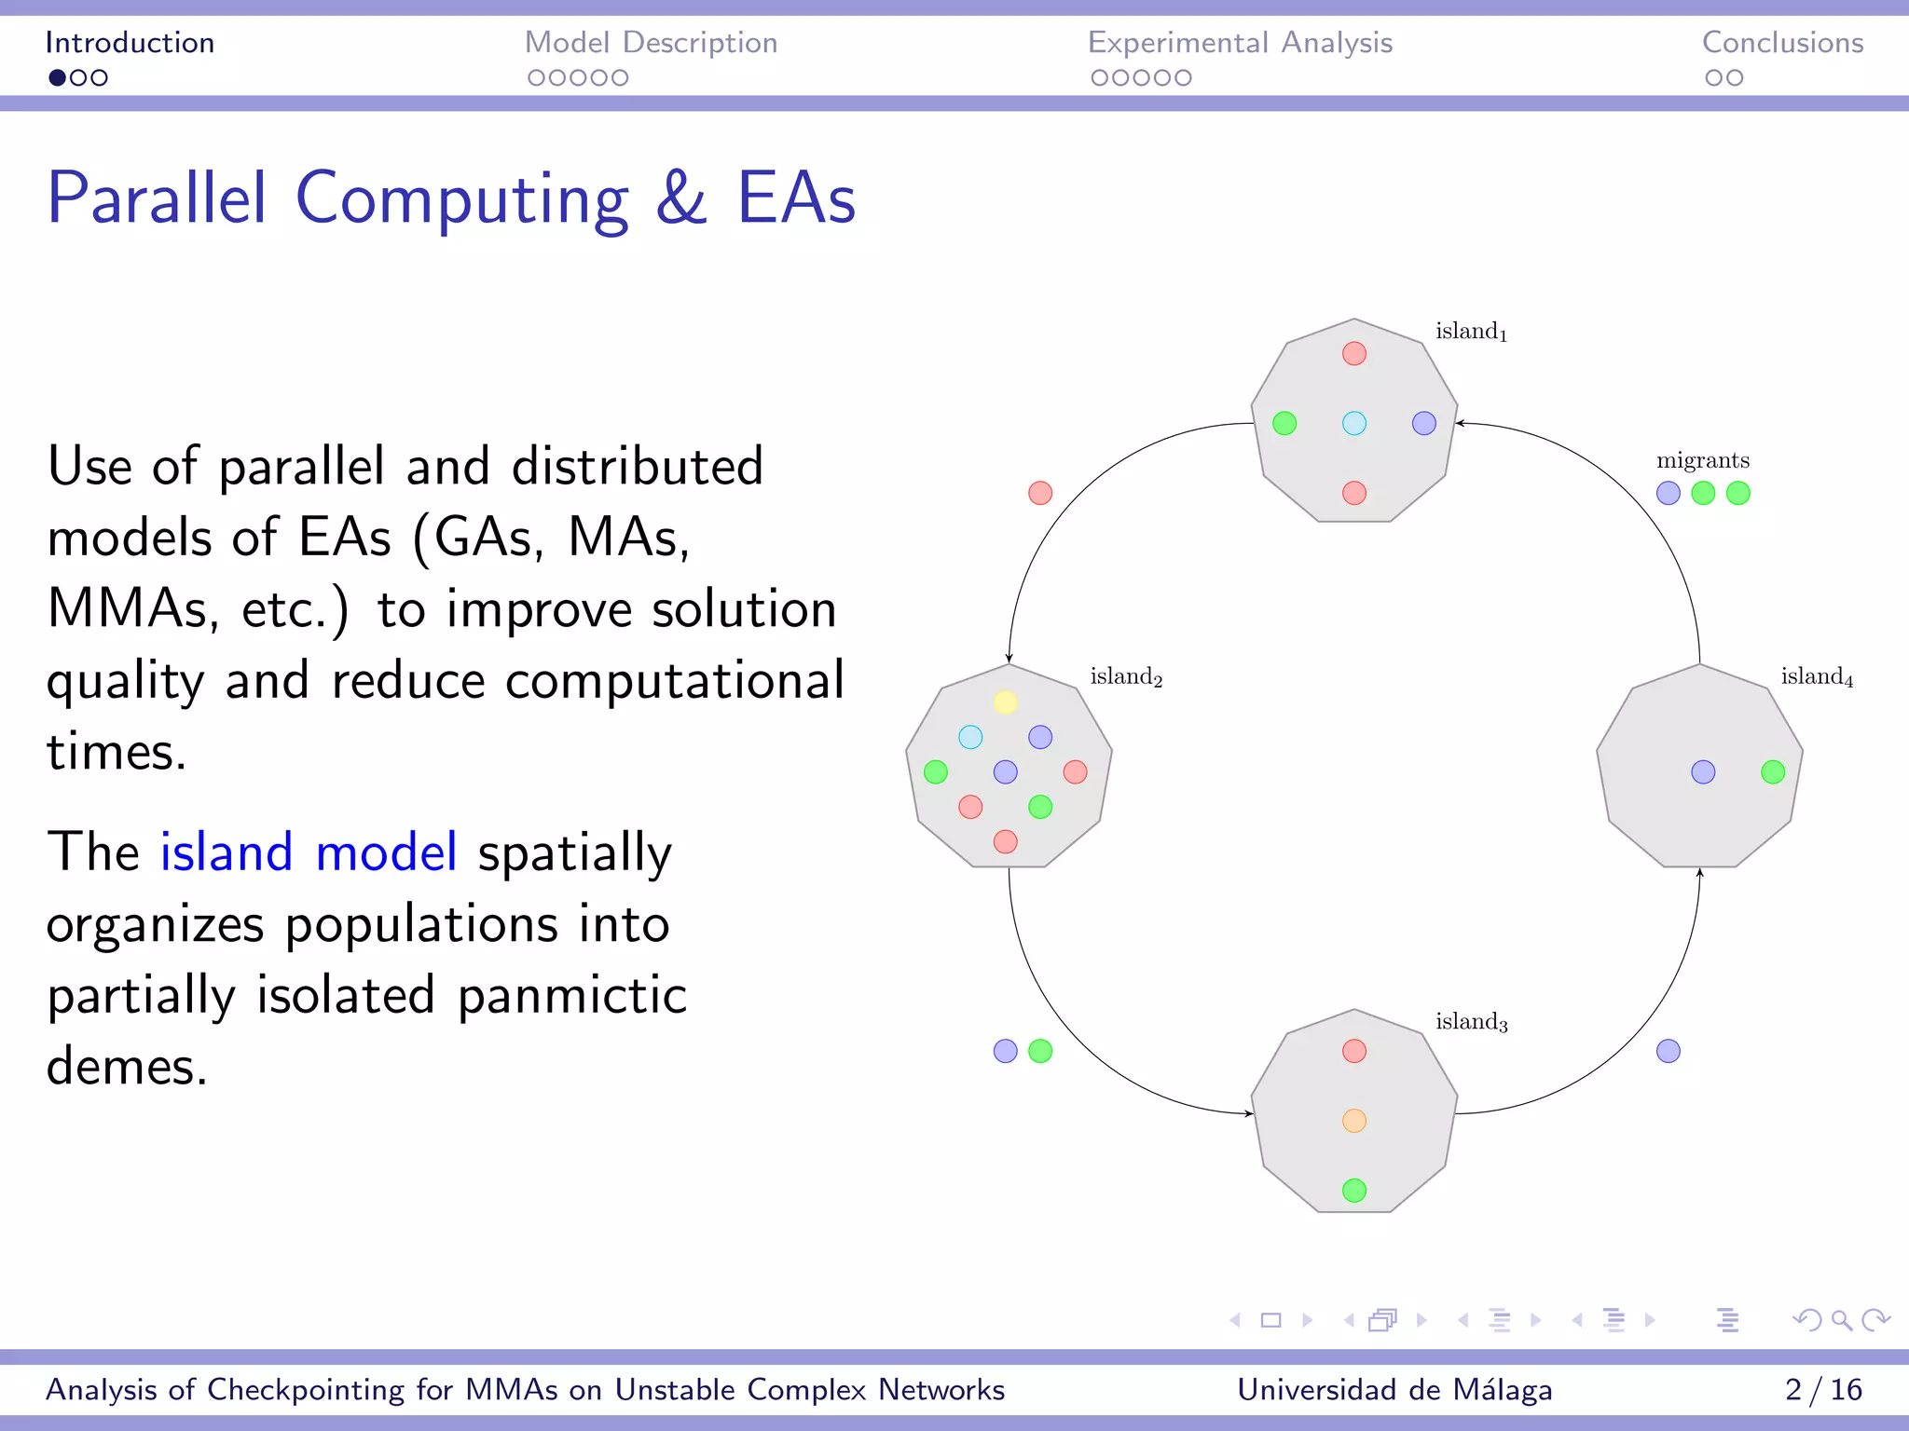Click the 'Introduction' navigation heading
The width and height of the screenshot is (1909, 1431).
[130, 43]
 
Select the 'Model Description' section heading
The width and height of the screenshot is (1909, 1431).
[651, 43]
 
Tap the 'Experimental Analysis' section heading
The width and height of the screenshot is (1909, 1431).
[1240, 43]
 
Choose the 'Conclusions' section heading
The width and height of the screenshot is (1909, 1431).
[1782, 43]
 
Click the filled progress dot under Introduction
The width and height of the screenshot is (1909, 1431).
[58, 78]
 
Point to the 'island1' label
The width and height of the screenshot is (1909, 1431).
[1471, 332]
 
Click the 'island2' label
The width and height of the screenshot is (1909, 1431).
[1126, 676]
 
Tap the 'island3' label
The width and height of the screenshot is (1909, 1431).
[1471, 1022]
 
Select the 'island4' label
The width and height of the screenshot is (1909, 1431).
[1817, 676]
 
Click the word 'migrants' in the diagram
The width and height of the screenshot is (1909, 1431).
[1703, 460]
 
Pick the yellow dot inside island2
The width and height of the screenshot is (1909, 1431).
[1005, 702]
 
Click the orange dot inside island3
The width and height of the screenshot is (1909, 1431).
[1354, 1121]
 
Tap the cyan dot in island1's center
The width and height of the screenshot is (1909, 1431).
[1354, 424]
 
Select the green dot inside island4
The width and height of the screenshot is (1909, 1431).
[1773, 772]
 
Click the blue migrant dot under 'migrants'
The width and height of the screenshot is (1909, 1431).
[1669, 494]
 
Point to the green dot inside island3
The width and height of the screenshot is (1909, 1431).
[1354, 1191]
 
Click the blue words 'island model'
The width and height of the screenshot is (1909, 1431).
[309, 852]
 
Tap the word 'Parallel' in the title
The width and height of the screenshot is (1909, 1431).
[157, 198]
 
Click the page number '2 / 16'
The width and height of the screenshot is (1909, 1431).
[1823, 1390]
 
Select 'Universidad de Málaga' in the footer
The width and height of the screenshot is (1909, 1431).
[1394, 1390]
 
